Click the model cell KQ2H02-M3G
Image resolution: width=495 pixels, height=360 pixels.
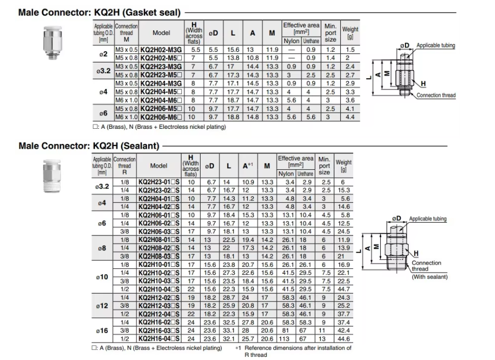tap(161, 50)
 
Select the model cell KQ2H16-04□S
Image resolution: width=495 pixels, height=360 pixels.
tap(159, 338)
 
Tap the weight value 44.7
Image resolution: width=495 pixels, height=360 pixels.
tap(343, 289)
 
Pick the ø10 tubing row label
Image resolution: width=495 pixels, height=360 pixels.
tap(102, 277)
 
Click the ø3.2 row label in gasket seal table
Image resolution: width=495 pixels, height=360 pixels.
tap(104, 71)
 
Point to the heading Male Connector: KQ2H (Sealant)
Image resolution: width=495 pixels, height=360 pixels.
tap(89, 146)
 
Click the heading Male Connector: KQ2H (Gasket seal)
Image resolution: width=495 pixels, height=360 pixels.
tap(99, 12)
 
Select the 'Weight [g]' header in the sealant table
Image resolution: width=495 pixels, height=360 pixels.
tap(343, 165)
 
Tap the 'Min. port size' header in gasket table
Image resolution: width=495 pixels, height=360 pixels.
tap(331, 33)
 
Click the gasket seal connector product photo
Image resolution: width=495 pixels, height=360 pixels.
tap(52, 43)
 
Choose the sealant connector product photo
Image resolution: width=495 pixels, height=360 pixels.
tap(52, 176)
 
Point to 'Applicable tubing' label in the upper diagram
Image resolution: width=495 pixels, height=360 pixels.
tap(436, 45)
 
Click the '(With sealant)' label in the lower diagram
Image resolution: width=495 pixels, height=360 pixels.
tap(430, 276)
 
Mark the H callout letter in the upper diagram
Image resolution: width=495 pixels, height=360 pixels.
tap(423, 84)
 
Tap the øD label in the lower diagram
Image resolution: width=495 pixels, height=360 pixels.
tap(396, 218)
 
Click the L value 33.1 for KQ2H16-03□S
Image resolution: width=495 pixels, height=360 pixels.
tap(229, 330)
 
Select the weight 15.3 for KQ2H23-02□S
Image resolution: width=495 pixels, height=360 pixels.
tap(343, 190)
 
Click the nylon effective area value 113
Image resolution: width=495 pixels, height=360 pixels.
tap(284, 338)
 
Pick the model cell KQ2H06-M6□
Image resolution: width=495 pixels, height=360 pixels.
tap(161, 117)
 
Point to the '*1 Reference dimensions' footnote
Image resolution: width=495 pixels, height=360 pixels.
tap(293, 351)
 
